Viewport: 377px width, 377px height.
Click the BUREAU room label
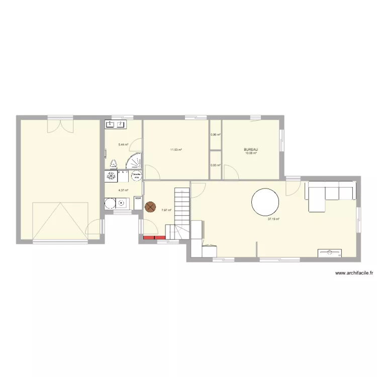click(x=251, y=149)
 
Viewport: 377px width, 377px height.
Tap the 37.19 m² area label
click(x=273, y=219)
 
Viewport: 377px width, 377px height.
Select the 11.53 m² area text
click(x=176, y=149)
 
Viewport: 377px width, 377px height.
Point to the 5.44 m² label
click(x=123, y=145)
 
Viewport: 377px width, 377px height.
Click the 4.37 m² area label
click(x=123, y=191)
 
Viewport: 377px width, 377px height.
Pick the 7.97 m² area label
click(x=166, y=210)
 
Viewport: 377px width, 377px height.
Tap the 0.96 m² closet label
click(x=216, y=135)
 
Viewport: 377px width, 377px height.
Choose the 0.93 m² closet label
click(x=216, y=165)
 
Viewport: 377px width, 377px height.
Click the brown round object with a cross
click(x=150, y=206)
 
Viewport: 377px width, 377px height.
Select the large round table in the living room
click(x=265, y=202)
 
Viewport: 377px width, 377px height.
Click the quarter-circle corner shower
click(x=134, y=162)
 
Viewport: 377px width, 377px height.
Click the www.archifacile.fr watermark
click(x=354, y=273)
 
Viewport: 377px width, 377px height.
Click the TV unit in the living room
click(x=330, y=253)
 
